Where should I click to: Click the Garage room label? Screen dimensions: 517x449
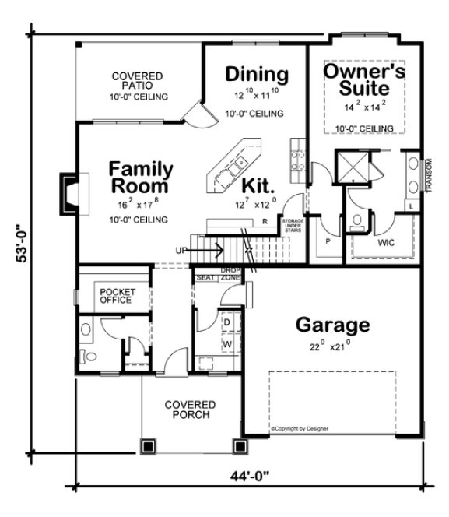point(331,324)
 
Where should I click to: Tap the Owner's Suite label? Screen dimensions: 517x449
point(364,82)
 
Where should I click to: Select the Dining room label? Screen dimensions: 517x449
point(257,75)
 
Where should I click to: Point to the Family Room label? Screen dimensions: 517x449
point(140,178)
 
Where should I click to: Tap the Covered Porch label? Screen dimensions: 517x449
point(191,410)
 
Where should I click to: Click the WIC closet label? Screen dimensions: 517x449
point(388,242)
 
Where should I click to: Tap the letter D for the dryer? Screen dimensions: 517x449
point(226,321)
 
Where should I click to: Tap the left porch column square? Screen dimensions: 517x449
point(146,446)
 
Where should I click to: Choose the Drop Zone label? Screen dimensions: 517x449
point(230,275)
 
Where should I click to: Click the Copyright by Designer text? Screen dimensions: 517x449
point(300,428)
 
